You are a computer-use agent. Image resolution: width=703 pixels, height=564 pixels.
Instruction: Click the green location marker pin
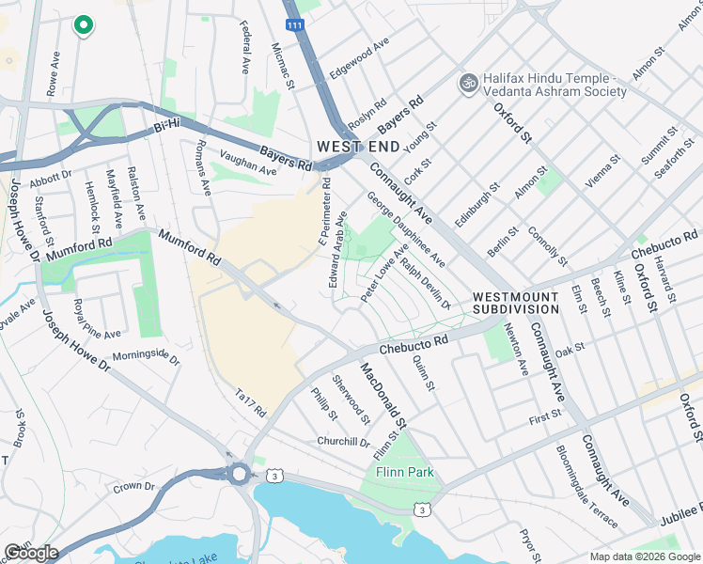pos(83,25)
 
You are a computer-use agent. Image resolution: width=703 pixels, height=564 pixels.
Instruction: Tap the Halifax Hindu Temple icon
pos(467,84)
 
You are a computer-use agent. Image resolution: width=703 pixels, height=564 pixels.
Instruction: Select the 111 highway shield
pos(295,27)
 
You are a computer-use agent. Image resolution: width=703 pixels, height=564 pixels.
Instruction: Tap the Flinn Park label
pos(405,472)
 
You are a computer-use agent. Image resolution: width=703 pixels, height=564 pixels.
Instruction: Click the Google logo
pos(31,553)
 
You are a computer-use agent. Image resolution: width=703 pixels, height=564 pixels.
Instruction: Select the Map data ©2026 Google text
pos(644,556)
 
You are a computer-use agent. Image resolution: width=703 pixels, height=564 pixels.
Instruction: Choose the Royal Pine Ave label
pos(97,319)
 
